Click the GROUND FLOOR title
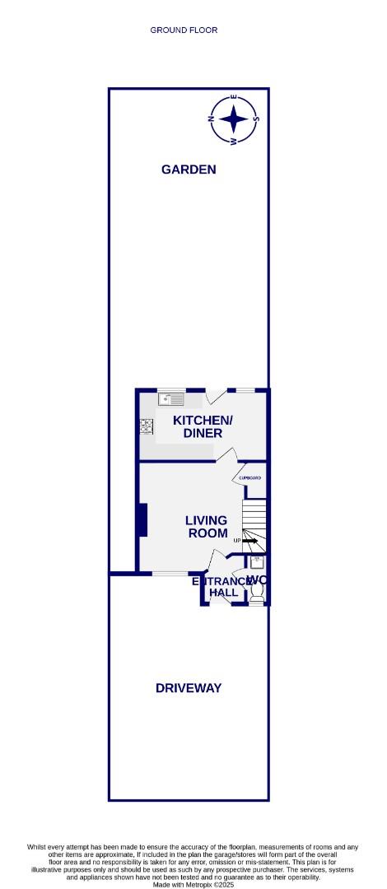click(184, 30)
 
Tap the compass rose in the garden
click(235, 119)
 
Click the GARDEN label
click(189, 170)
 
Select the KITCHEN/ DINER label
click(203, 426)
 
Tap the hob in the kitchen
click(147, 426)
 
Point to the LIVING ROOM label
click(207, 527)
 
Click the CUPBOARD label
click(250, 478)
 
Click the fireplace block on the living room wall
click(142, 519)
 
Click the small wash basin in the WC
click(256, 562)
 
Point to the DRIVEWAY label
click(189, 688)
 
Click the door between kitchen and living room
click(228, 456)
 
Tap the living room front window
click(170, 573)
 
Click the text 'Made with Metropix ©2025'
click(193, 885)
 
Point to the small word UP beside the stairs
click(237, 540)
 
